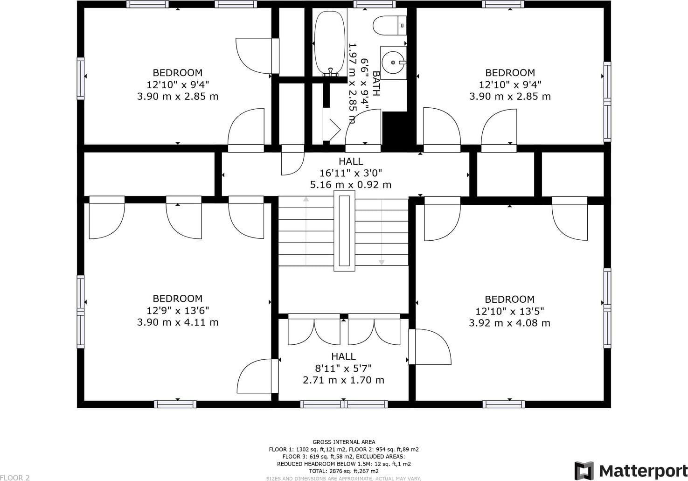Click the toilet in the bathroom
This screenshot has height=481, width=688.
coord(389,26)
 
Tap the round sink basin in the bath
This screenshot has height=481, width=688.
coord(393,63)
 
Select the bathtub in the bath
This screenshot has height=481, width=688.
coord(330,42)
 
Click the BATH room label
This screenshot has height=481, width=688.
coord(376,84)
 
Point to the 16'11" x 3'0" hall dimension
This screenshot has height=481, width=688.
coord(351,173)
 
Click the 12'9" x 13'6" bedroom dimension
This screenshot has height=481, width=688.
coord(178,311)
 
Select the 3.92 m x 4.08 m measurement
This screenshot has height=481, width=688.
coord(509,323)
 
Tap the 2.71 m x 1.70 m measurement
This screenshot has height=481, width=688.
coord(343,380)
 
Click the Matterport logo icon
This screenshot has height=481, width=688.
coord(584,470)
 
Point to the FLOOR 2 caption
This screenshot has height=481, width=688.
coord(15,478)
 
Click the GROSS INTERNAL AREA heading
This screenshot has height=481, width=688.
coord(344,442)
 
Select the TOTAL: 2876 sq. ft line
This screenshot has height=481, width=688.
coord(344,471)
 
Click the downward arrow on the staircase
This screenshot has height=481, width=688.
coord(382,232)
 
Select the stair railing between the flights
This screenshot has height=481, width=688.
coord(344,230)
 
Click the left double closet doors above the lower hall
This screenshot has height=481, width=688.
coord(314,329)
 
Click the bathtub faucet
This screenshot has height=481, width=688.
coord(331,72)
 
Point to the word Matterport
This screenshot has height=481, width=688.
coord(643,471)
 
